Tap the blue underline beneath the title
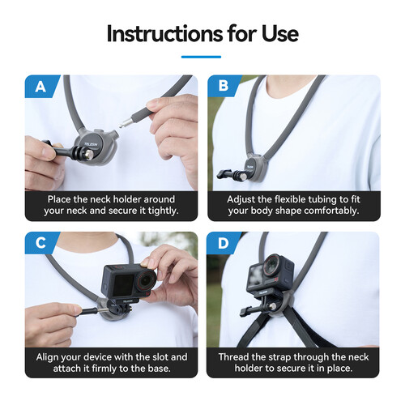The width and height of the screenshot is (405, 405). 202,57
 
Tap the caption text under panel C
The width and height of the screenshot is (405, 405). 111,363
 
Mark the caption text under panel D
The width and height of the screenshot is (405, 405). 294,363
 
